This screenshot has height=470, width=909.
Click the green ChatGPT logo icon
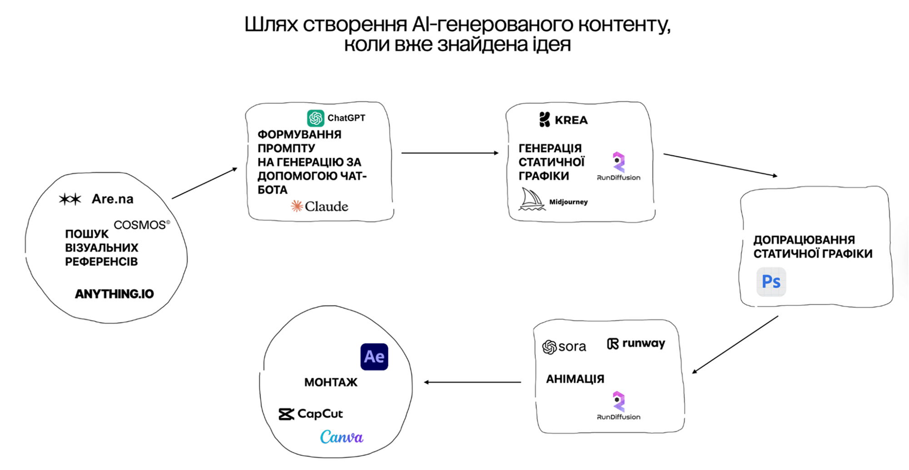315,118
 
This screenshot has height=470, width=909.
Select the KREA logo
564,120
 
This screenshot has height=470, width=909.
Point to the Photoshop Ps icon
771,282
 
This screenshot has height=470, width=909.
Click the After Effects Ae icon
374,357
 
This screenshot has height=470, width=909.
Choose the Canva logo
342,437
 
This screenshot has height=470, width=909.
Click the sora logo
564,347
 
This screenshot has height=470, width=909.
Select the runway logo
636,344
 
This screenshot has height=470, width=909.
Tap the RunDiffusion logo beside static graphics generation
619,166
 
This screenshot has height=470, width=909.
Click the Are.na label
112,199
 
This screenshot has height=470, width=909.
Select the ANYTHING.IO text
115,294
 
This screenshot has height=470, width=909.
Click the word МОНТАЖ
331,382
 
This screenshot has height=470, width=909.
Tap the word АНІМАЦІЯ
575,379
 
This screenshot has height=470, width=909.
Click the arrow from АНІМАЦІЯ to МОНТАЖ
473,382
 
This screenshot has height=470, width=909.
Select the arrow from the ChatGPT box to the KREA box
450,153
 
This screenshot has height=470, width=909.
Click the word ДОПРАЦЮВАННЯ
804,240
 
